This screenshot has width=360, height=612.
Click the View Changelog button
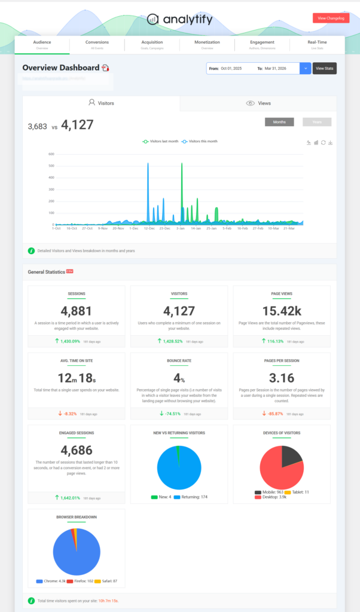[x=331, y=19]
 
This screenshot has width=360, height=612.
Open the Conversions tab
[x=97, y=45]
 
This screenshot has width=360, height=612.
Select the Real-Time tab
[x=316, y=45]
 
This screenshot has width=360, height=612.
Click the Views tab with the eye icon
[x=258, y=103]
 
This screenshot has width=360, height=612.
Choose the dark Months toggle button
[x=279, y=122]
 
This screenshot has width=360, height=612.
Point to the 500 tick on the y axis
[x=51, y=166]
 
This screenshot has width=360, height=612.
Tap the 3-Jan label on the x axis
[x=180, y=228]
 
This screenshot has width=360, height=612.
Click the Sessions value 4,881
[x=77, y=311]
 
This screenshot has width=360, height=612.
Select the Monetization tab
[x=207, y=45]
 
